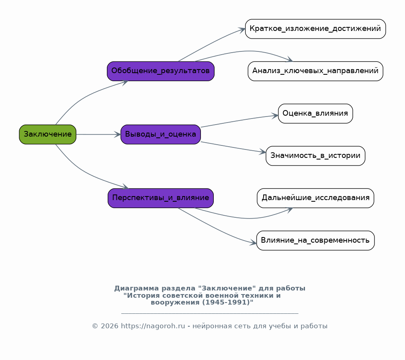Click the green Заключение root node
pyautogui.click(x=47, y=134)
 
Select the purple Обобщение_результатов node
pyautogui.click(x=160, y=71)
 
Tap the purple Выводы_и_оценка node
pyautogui.click(x=160, y=134)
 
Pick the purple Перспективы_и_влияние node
pyautogui.click(x=160, y=198)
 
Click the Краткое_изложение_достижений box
pyautogui.click(x=315, y=29)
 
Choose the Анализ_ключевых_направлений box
pyautogui.click(x=315, y=71)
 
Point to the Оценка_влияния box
pyautogui.click(x=315, y=113)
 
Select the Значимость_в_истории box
pyautogui.click(x=315, y=155)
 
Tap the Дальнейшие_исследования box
pyautogui.click(x=315, y=198)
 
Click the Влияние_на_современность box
pyautogui.click(x=315, y=240)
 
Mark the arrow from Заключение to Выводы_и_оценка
pyautogui.click(x=98, y=134)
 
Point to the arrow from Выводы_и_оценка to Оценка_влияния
pyautogui.click(x=239, y=121)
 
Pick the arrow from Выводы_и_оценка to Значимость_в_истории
pyautogui.click(x=233, y=147)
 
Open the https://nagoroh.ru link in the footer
pyautogui.click(x=153, y=326)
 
